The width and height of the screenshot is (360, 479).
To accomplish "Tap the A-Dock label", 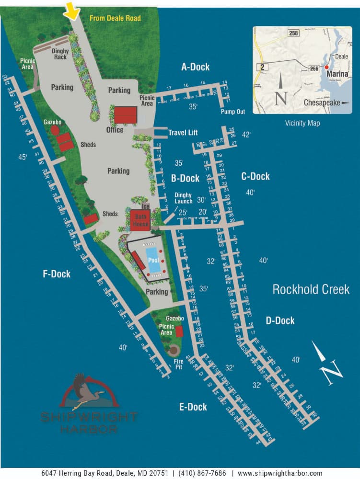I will [x=195, y=67].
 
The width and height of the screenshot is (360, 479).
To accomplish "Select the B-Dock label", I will [x=185, y=179].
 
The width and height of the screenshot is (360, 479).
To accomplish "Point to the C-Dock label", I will [x=255, y=176].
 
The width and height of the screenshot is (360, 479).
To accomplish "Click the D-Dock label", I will [x=280, y=320].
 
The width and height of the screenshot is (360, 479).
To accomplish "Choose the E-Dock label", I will [x=193, y=407].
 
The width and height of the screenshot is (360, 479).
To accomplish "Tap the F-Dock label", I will [x=57, y=274].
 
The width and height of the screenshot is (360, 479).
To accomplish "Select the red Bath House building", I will [x=140, y=220].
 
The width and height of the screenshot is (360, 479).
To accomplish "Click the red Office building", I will [x=126, y=115].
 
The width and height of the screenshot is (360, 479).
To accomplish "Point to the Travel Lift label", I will [x=183, y=133].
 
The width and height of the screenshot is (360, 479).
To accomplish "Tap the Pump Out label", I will [x=232, y=112].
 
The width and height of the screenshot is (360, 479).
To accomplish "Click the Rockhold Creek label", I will [x=310, y=289].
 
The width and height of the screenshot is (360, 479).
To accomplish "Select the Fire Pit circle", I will [x=173, y=351].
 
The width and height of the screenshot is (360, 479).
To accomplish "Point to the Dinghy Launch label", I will [x=183, y=198].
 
